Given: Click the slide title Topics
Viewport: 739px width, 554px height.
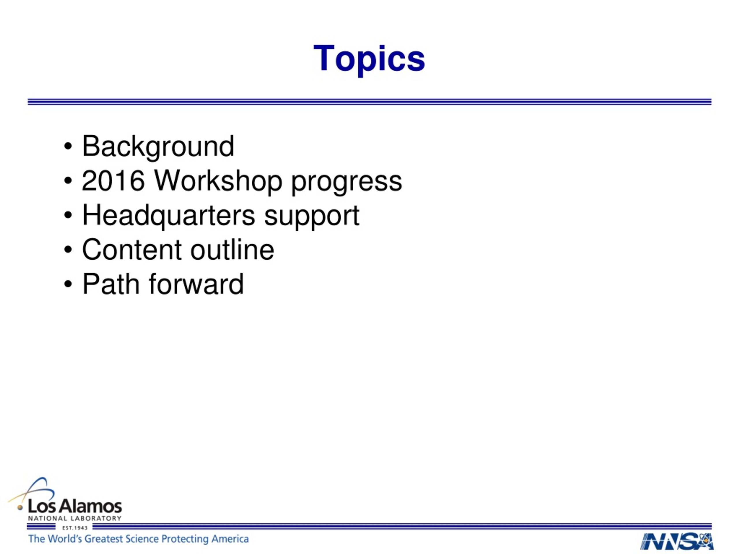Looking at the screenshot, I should click(x=369, y=59).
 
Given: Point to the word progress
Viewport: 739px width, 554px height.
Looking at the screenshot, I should click(x=346, y=182).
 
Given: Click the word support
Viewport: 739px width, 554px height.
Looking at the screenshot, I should click(x=311, y=217).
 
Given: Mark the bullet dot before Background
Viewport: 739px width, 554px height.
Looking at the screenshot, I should click(x=68, y=147).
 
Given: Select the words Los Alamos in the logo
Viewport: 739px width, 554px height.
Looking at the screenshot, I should click(x=75, y=507).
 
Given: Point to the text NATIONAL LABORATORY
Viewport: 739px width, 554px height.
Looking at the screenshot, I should click(x=74, y=519).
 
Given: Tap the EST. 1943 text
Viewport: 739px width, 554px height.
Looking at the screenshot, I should click(x=74, y=528).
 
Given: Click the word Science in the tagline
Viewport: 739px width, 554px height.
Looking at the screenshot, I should click(x=143, y=539).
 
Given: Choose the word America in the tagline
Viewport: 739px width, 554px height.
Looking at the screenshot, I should click(x=230, y=539).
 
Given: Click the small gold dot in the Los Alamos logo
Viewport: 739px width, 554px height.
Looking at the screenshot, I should click(x=20, y=508).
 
